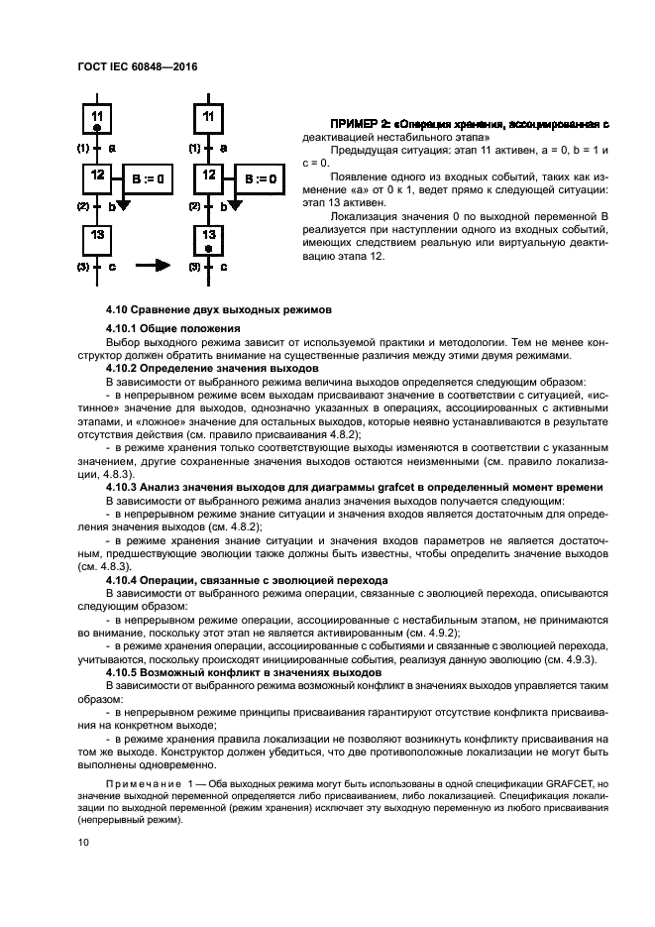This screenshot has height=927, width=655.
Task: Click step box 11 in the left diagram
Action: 97,120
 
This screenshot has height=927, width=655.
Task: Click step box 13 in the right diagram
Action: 209,240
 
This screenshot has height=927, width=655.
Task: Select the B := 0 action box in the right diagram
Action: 258,180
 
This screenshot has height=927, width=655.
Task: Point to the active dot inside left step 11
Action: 97,129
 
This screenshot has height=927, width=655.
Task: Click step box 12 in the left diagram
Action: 97,179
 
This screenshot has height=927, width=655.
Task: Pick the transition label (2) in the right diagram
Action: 196,206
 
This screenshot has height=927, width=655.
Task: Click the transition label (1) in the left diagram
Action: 83,147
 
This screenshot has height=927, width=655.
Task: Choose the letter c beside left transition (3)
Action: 112,267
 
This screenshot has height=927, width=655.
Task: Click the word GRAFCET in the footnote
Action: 548,783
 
